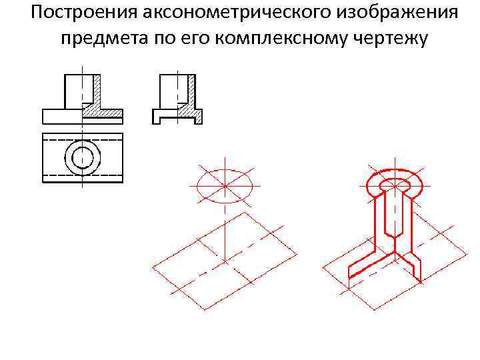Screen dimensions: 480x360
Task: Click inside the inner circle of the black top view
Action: (82, 157)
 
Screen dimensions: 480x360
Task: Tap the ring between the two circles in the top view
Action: (69, 157)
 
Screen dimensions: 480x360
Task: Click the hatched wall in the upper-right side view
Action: (193, 90)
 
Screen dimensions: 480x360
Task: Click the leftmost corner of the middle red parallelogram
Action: (153, 267)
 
